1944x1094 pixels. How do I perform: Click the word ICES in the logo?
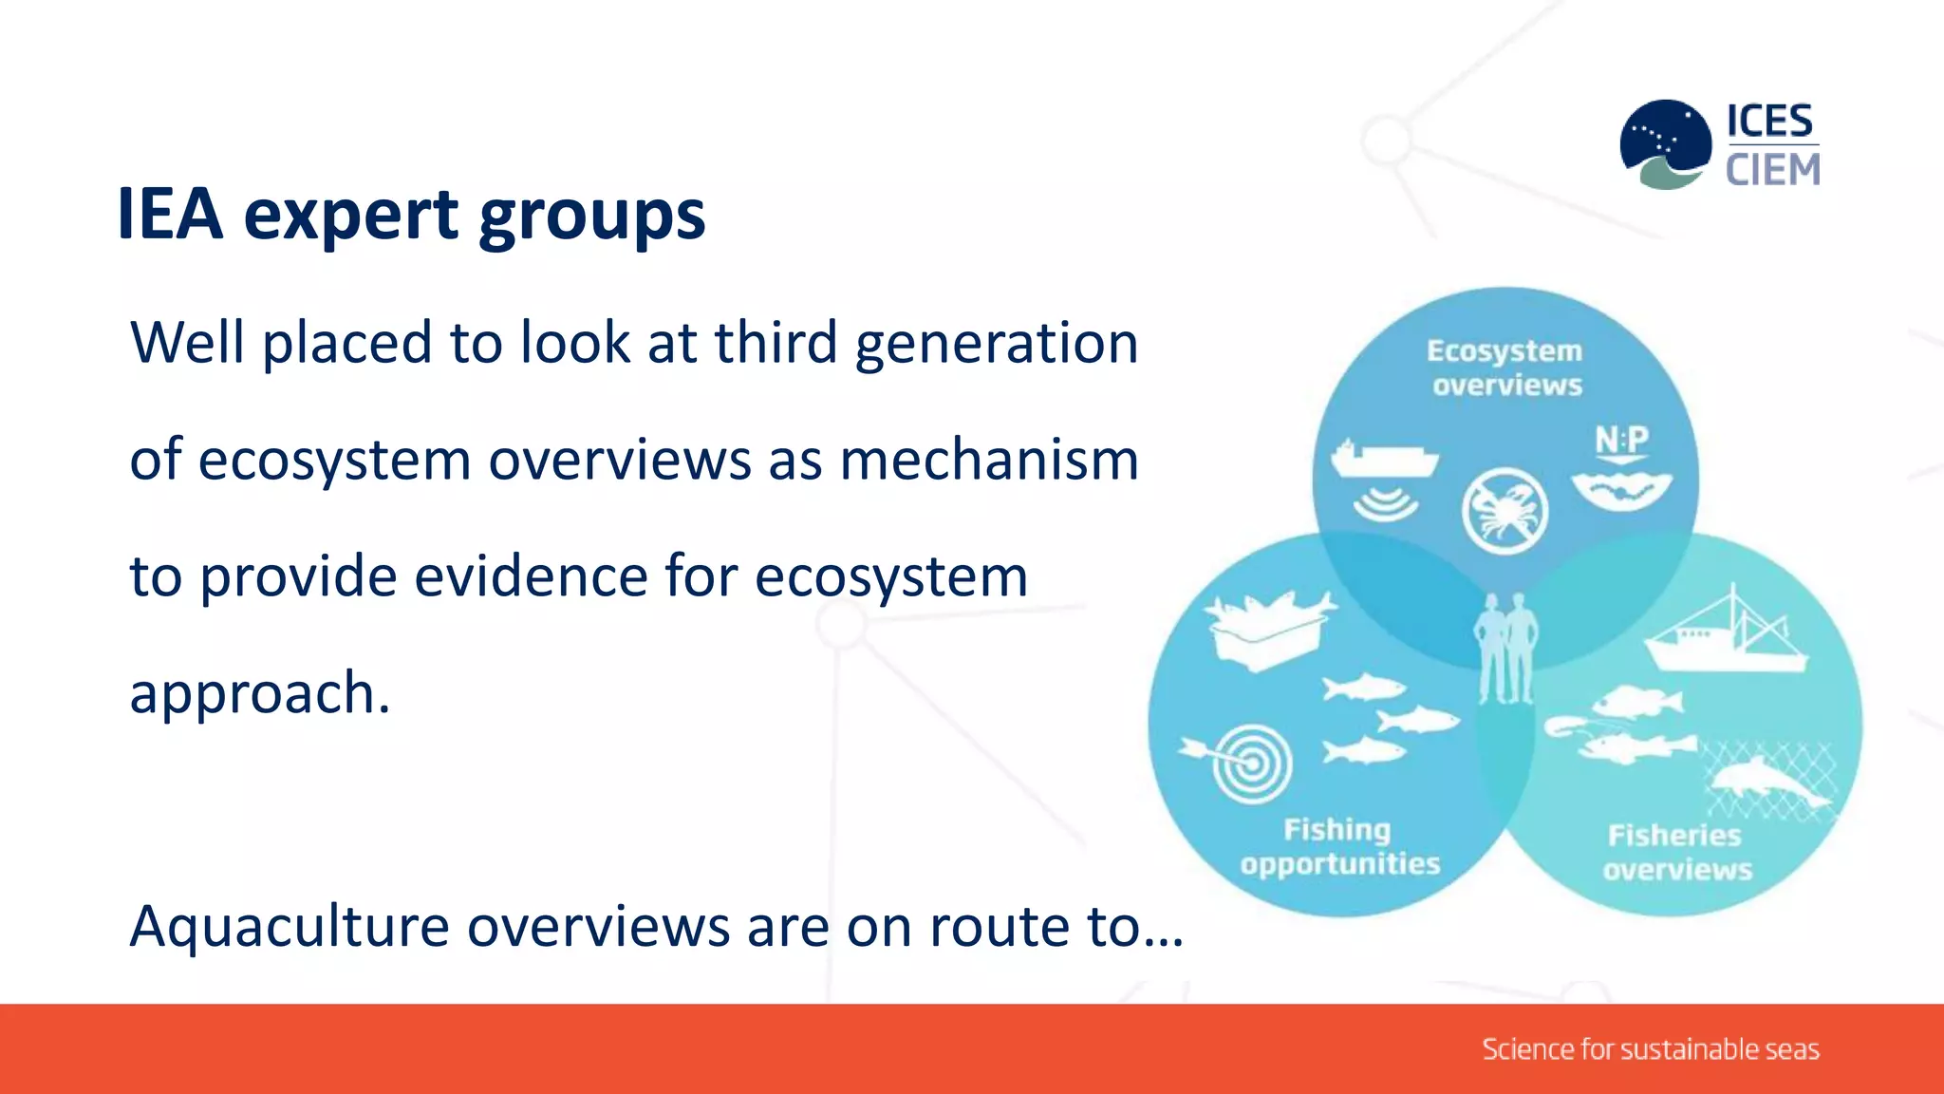pos(1769,122)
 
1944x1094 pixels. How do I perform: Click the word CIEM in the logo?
pos(1772,171)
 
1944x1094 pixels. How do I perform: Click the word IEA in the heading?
pos(170,215)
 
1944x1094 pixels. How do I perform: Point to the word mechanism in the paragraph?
pos(989,461)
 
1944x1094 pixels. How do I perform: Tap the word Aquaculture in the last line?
pos(289,927)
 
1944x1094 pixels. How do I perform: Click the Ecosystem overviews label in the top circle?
pos(1505,368)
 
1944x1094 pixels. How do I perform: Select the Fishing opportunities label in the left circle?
pos(1339,846)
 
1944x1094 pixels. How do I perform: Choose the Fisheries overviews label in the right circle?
pos(1676,852)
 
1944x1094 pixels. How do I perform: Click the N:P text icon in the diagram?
pos(1621,441)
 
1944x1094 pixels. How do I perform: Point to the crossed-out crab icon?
pos(1505,512)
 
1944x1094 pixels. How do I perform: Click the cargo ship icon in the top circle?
pos(1384,459)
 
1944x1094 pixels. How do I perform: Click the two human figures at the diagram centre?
pos(1505,649)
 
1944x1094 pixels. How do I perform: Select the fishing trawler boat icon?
pos(1725,636)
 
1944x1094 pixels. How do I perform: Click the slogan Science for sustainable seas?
pos(1650,1049)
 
